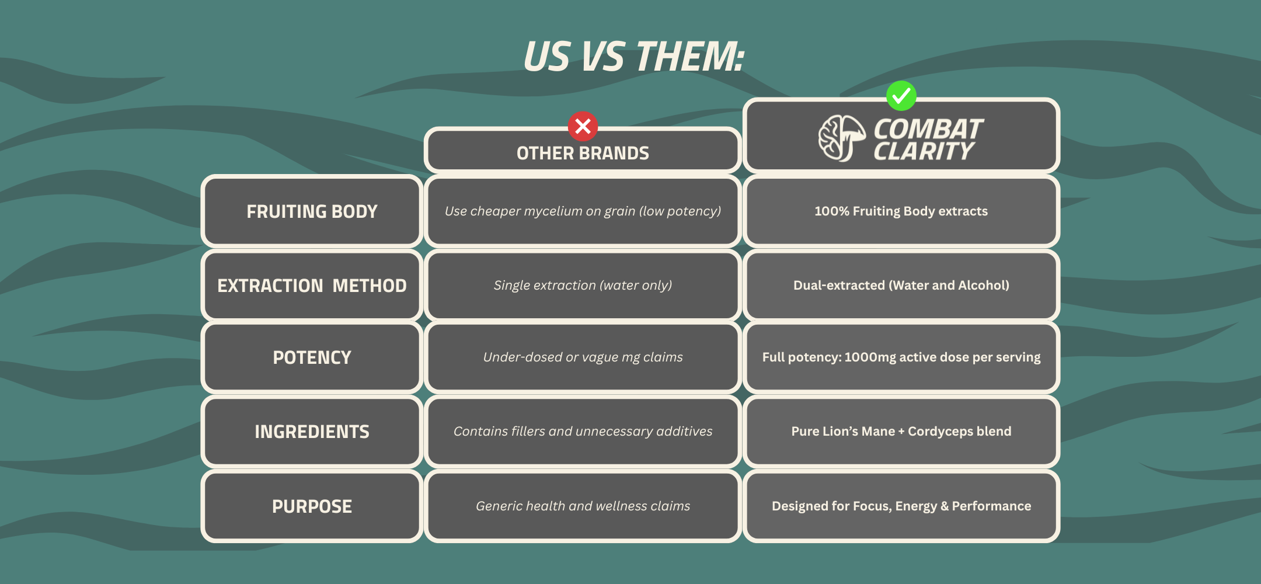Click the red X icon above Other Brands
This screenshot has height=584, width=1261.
click(583, 126)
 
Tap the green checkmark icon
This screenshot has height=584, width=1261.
click(901, 96)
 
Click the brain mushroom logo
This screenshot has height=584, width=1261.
click(841, 138)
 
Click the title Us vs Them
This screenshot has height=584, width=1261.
click(634, 57)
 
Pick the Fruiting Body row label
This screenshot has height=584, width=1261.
click(312, 211)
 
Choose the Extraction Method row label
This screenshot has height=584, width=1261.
click(312, 285)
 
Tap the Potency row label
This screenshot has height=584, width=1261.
click(312, 357)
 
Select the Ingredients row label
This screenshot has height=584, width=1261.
click(312, 431)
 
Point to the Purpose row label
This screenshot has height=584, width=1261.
click(312, 506)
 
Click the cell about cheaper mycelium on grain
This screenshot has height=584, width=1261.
click(583, 211)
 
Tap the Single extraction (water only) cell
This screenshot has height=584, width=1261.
click(583, 285)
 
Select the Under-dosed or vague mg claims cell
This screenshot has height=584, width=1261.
click(583, 357)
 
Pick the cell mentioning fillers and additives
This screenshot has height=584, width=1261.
click(583, 431)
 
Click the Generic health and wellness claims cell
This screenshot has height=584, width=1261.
click(583, 506)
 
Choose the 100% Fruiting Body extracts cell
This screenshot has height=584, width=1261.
click(901, 211)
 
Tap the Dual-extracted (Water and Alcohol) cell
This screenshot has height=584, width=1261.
click(901, 285)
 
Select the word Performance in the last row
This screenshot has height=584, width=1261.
click(991, 506)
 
